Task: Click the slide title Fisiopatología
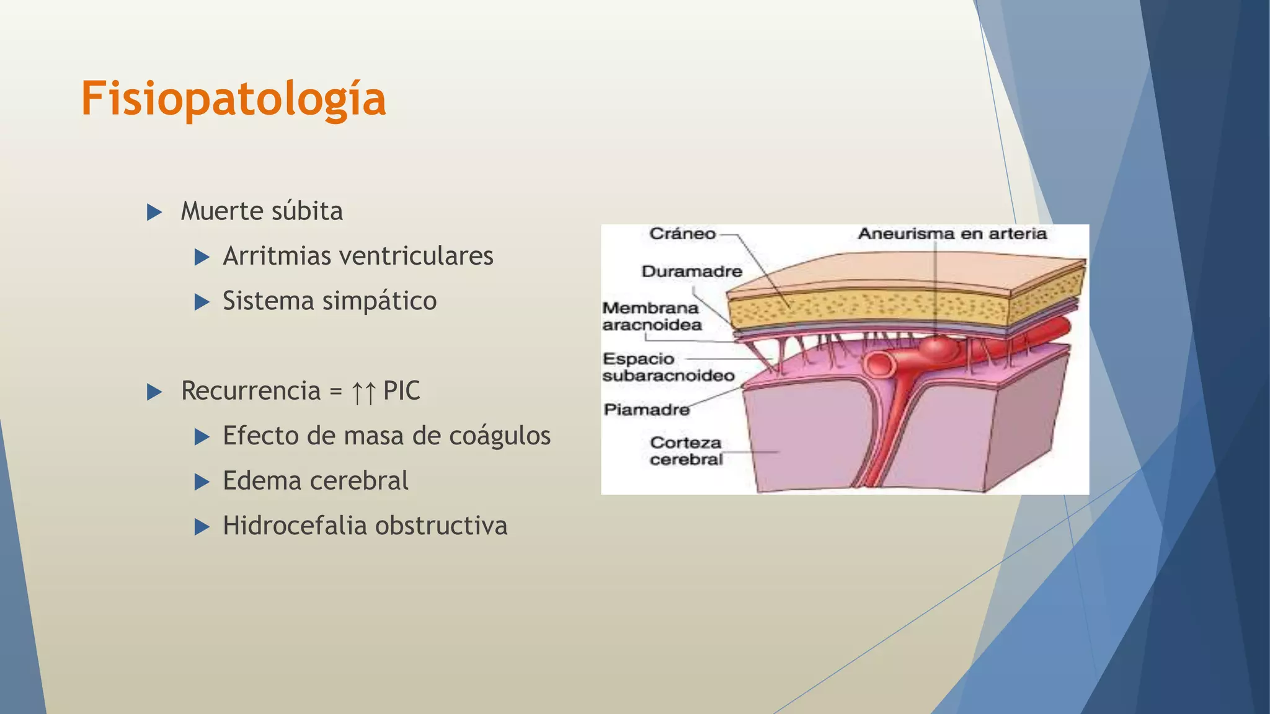click(234, 99)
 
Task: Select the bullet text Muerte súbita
click(261, 211)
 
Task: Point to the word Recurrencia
click(251, 391)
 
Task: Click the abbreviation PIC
click(401, 391)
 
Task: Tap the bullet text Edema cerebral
click(315, 481)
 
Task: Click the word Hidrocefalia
click(295, 526)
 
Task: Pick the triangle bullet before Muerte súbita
click(154, 213)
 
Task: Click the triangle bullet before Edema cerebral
click(202, 482)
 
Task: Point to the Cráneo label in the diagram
click(682, 234)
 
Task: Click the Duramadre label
click(691, 271)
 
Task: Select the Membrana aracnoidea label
click(651, 317)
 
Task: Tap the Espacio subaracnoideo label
click(668, 368)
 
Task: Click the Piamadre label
click(646, 410)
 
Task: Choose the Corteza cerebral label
click(686, 451)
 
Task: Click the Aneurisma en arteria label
click(952, 234)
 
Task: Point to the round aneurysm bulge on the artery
click(937, 349)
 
